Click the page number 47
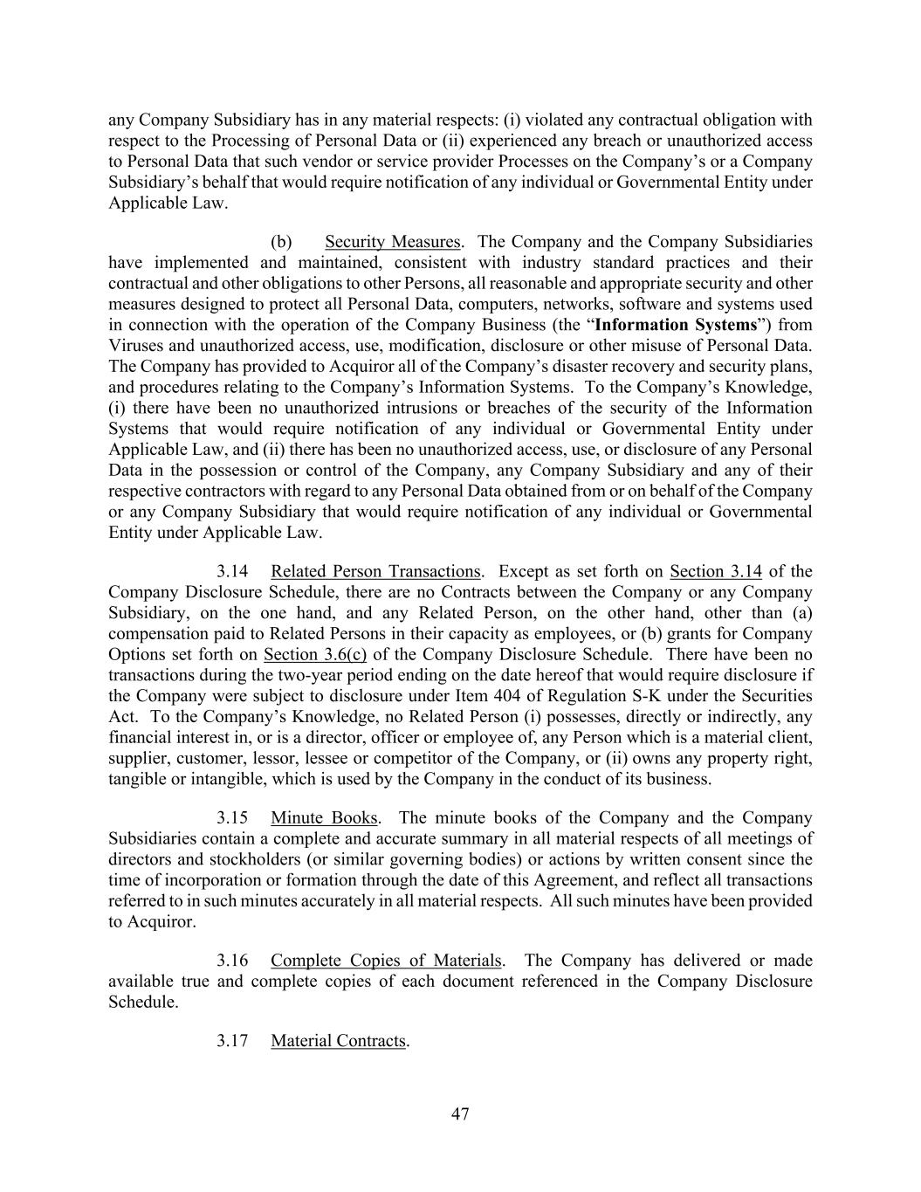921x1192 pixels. click(460, 1113)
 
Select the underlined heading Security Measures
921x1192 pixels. click(392, 242)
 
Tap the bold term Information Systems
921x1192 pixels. click(675, 325)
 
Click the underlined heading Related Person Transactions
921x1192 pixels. click(375, 572)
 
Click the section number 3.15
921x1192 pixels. click(233, 818)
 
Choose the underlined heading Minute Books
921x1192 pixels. click(324, 818)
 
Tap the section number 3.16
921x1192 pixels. click(233, 961)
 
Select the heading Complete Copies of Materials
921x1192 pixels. click(386, 961)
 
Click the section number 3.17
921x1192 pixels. click(233, 1041)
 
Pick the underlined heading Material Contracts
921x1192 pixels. click(338, 1041)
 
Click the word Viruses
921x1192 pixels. click(135, 346)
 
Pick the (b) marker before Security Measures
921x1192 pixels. click(281, 242)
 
